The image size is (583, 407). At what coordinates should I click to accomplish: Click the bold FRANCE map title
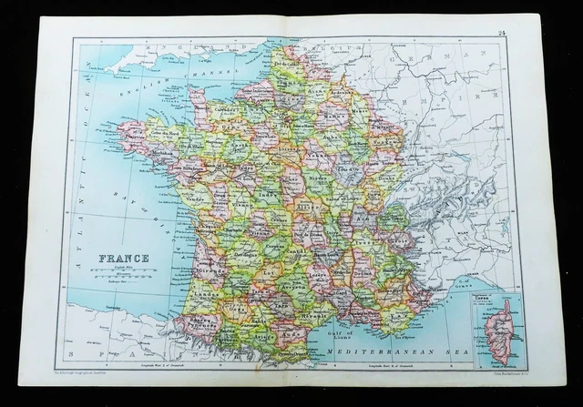pyautogui.click(x=129, y=258)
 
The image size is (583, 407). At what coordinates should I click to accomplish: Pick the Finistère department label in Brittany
pyautogui.click(x=135, y=137)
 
